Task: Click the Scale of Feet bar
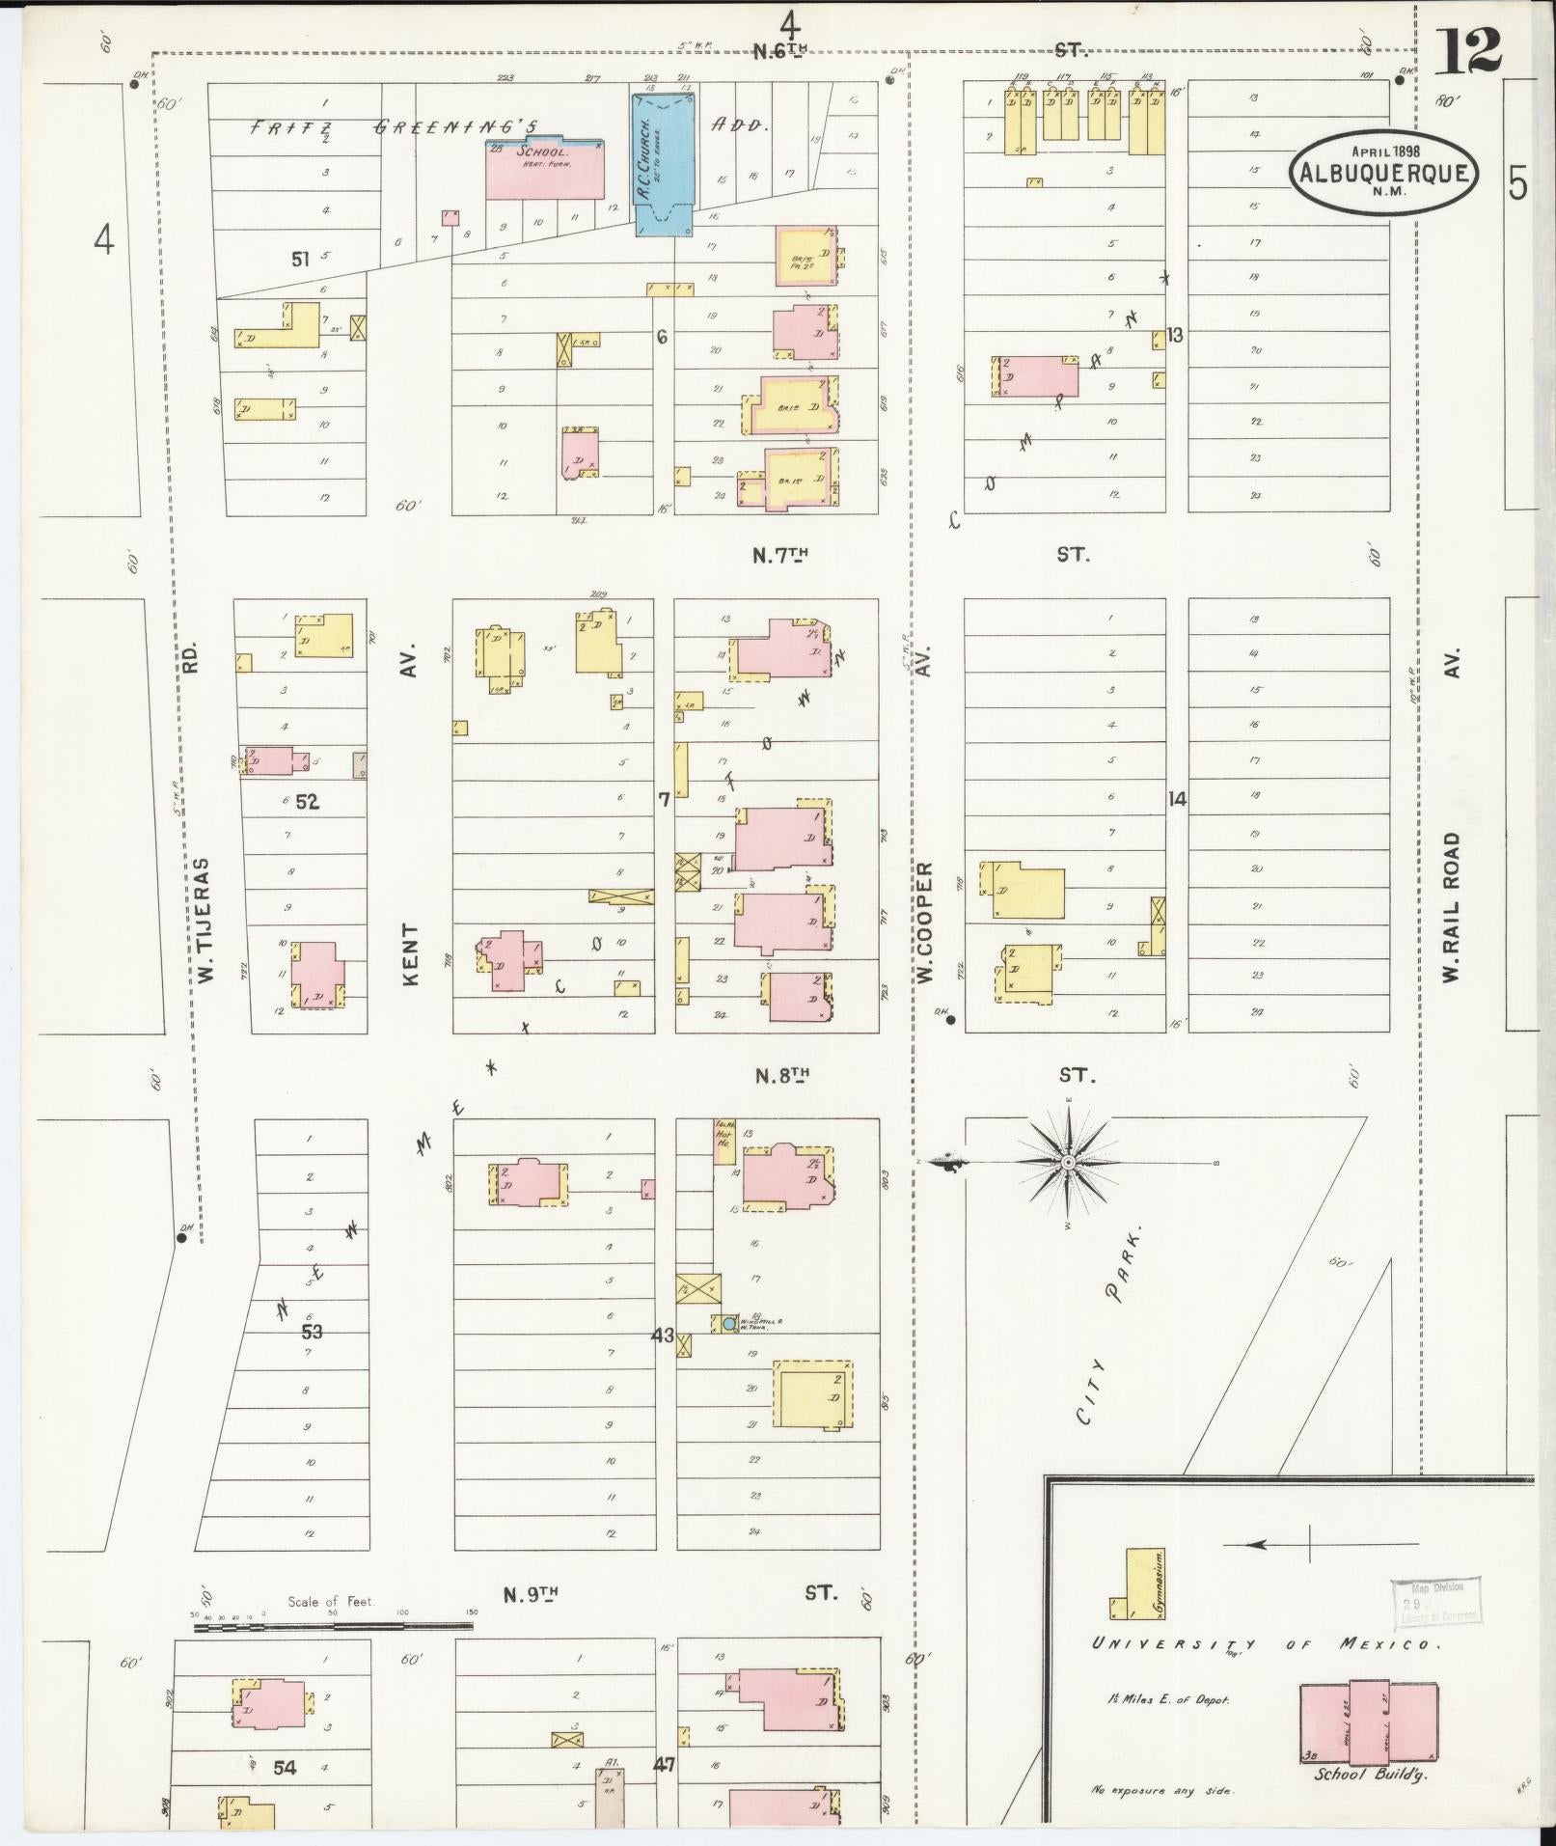pyautogui.click(x=333, y=1626)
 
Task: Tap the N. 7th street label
pyautogui.click(x=779, y=555)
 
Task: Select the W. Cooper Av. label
pyautogui.click(x=924, y=923)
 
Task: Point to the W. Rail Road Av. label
pyautogui.click(x=1453, y=907)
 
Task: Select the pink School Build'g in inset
pyautogui.click(x=1368, y=1722)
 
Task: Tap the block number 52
pyautogui.click(x=308, y=800)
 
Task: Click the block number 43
pyautogui.click(x=662, y=1336)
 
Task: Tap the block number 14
pyautogui.click(x=1176, y=798)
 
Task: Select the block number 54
pyautogui.click(x=284, y=1768)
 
